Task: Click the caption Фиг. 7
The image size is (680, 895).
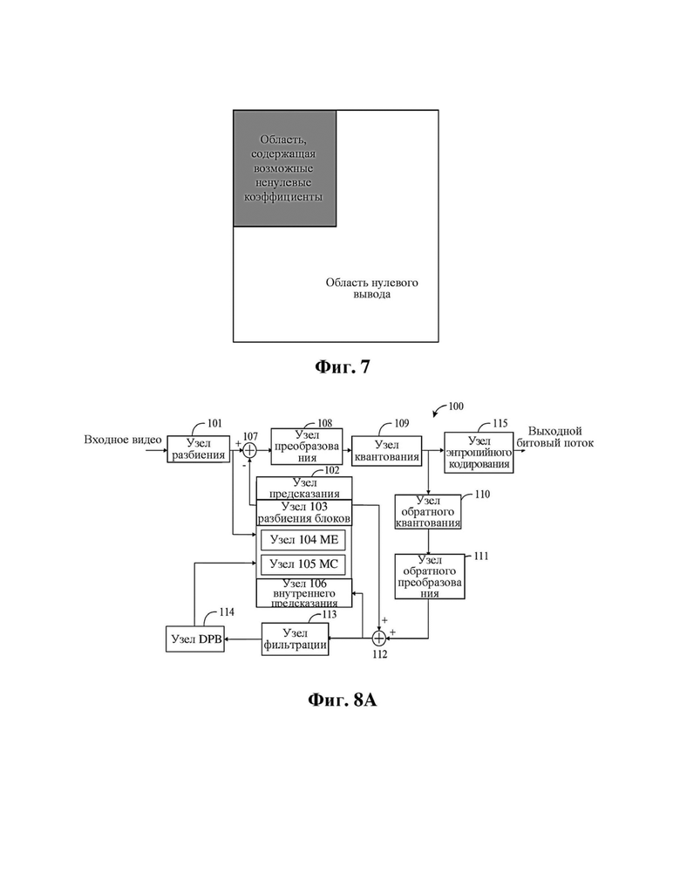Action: [342, 366]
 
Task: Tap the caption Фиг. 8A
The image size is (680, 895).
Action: [343, 700]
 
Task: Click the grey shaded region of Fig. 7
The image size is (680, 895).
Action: [285, 168]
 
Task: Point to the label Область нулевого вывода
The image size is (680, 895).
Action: [371, 288]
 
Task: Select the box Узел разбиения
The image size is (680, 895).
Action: [199, 448]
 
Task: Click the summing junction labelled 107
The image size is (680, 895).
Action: [249, 450]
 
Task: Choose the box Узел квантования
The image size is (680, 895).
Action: [386, 451]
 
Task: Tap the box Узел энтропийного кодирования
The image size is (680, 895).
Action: [479, 453]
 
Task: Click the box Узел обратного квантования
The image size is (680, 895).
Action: [428, 511]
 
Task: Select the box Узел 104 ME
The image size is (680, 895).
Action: [303, 539]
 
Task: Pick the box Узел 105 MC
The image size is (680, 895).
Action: [303, 564]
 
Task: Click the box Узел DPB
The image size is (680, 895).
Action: [195, 639]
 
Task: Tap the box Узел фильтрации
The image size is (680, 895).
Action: [295, 639]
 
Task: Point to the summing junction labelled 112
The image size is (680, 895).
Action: [379, 638]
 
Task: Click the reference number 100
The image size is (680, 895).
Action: [456, 406]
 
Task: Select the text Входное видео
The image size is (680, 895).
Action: [123, 440]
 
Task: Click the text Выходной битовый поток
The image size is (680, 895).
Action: [555, 437]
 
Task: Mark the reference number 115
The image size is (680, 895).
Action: [500, 424]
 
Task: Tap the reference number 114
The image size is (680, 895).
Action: [227, 611]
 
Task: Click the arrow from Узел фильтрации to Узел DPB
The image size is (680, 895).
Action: [243, 639]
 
